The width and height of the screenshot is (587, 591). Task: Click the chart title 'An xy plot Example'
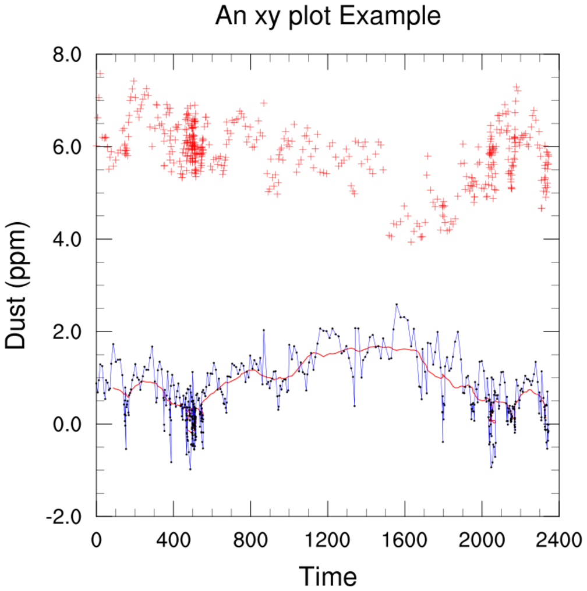tap(328, 16)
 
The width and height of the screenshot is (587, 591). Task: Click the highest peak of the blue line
tap(397, 304)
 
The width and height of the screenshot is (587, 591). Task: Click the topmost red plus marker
tap(100, 74)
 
